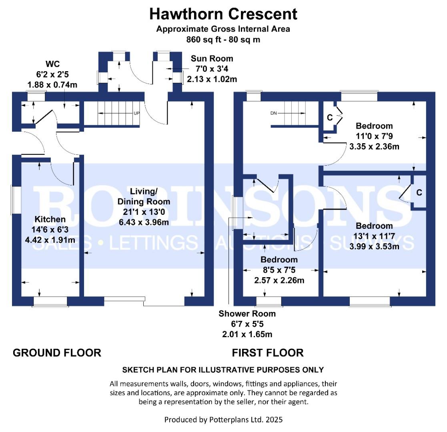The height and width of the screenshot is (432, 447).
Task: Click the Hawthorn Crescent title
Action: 223,14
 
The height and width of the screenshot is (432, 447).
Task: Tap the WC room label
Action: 52,64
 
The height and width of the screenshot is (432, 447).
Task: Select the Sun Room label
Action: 212,58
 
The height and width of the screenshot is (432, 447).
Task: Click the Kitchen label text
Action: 50,219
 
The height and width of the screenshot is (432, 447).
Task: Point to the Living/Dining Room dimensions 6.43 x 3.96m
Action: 144,222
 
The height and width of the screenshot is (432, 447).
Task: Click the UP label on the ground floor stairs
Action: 136,113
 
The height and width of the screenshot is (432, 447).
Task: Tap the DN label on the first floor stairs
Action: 273,113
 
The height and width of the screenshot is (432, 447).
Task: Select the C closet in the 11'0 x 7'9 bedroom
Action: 330,118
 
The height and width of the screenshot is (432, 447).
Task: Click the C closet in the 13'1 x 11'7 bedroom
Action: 419,193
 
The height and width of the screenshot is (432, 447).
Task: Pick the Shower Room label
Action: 247,314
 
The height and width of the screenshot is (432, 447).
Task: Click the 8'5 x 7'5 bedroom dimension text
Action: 279,270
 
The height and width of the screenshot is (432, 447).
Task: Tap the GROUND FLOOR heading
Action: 57,353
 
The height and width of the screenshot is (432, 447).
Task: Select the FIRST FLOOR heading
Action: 268,353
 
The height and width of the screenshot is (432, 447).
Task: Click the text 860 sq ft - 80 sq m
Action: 223,39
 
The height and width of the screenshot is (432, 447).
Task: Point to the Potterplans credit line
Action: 223,420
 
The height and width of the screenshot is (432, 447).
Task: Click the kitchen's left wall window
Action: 16,200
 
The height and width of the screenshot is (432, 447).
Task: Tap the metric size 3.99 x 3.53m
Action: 374,246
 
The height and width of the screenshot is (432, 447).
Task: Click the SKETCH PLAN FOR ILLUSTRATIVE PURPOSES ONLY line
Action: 223,370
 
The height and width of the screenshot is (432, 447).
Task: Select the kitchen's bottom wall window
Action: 50,302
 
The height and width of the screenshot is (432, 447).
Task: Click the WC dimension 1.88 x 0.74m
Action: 52,85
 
